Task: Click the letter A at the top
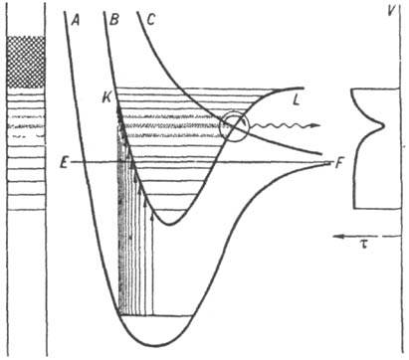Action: tap(74, 18)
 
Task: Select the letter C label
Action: tap(149, 18)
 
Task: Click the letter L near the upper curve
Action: tap(295, 99)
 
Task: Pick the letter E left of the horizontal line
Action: tap(62, 162)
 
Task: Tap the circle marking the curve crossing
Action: tap(237, 126)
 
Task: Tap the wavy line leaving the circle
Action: tap(279, 128)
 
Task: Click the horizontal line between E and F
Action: tap(199, 161)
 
